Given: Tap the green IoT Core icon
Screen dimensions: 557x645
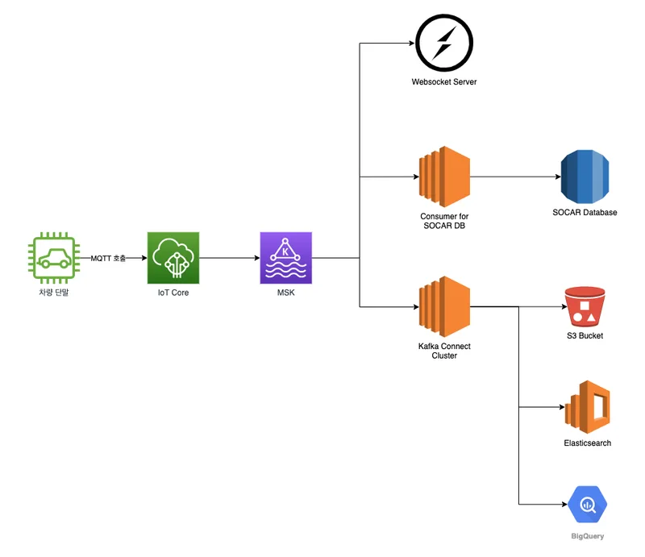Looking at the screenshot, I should click(173, 258).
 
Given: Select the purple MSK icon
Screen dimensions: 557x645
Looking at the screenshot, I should click(285, 258).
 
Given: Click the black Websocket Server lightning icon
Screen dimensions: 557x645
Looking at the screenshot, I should click(443, 41).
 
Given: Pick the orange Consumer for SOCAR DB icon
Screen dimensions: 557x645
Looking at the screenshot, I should click(444, 177).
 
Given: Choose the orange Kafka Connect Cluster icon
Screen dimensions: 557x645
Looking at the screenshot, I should click(444, 306).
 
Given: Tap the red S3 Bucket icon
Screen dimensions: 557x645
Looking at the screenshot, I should click(585, 307).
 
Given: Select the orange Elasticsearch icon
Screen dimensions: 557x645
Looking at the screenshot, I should click(587, 409).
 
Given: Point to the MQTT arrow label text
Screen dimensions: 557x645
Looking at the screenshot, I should click(108, 258).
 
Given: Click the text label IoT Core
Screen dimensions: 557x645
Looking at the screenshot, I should click(173, 293).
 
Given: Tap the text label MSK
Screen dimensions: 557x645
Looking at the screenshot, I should click(285, 293).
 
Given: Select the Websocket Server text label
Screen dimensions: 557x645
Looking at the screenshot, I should click(443, 82).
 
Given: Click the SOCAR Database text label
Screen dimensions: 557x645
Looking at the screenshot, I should click(585, 213).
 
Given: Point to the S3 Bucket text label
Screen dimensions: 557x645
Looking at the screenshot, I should click(585, 335).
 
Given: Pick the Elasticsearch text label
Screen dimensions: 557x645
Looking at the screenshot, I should click(587, 443).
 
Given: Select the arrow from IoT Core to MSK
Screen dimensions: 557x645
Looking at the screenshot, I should click(229, 258).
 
